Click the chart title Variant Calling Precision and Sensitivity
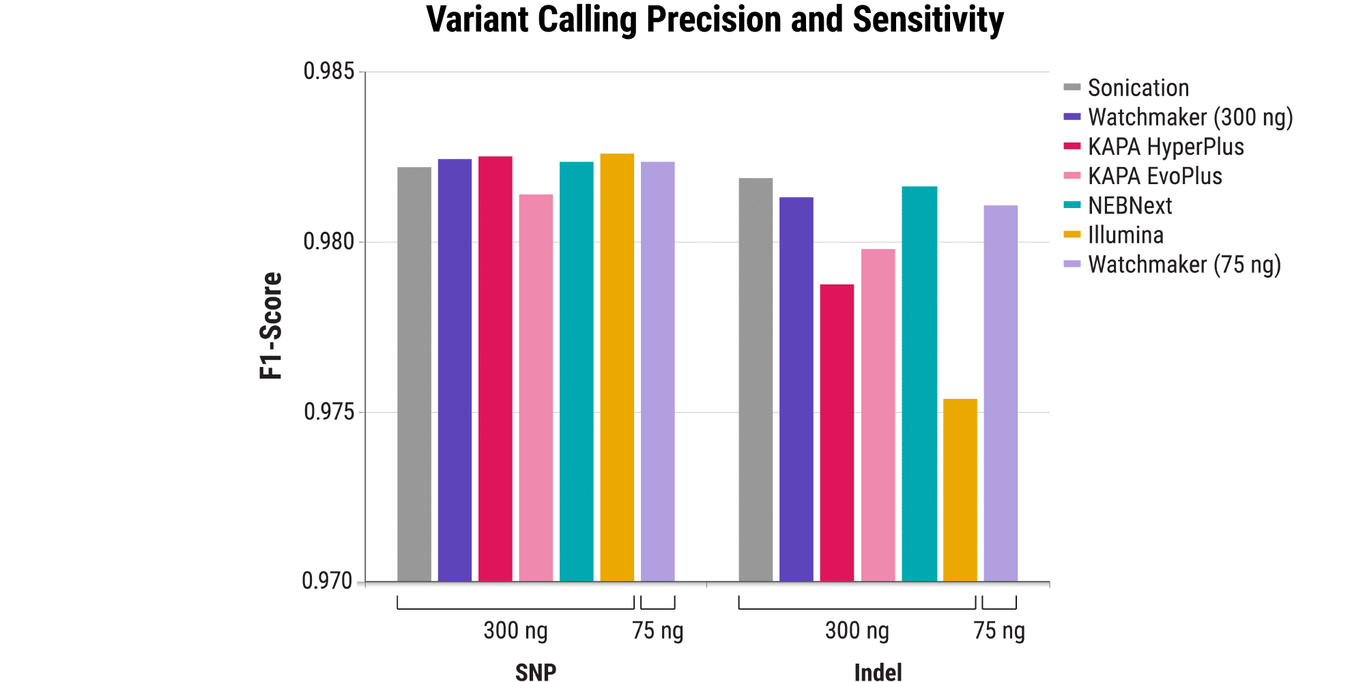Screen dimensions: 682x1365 point(715,20)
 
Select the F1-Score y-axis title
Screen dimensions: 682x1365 point(272,326)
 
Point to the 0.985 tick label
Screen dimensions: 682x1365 point(329,71)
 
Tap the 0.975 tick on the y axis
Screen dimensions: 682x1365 point(329,412)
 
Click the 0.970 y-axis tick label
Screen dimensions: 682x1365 point(328,581)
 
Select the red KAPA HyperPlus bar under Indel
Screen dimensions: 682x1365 point(837,432)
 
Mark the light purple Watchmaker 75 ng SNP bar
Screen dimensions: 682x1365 point(657,371)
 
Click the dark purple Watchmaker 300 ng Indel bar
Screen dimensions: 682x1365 point(796,389)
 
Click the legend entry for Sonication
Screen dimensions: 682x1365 point(1138,88)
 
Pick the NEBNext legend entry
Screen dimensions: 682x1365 point(1130,205)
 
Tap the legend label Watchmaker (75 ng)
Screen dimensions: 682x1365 point(1184,265)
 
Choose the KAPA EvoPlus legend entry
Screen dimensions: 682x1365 point(1154,176)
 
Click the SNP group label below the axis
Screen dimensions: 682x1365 point(536,672)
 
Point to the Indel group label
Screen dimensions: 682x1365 point(878,672)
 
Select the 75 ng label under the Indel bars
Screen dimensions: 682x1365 point(998,631)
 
